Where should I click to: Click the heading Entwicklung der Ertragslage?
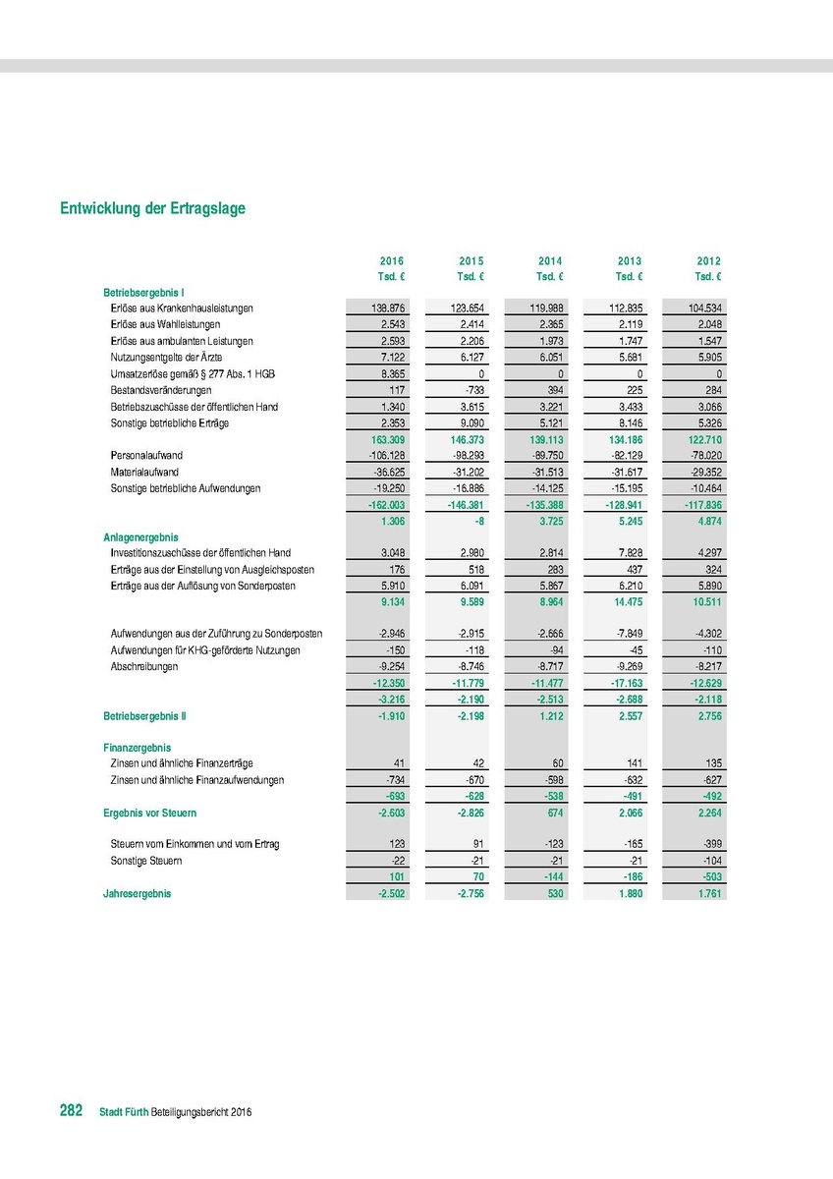click(152, 209)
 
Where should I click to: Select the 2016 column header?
click(392, 261)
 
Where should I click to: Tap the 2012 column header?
click(709, 261)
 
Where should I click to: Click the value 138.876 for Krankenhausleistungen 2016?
click(386, 309)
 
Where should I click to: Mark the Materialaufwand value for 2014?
click(547, 473)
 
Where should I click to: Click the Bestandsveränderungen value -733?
click(472, 390)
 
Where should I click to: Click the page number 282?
click(71, 1110)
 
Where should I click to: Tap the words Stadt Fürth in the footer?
click(124, 1112)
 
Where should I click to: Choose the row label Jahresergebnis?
click(138, 894)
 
